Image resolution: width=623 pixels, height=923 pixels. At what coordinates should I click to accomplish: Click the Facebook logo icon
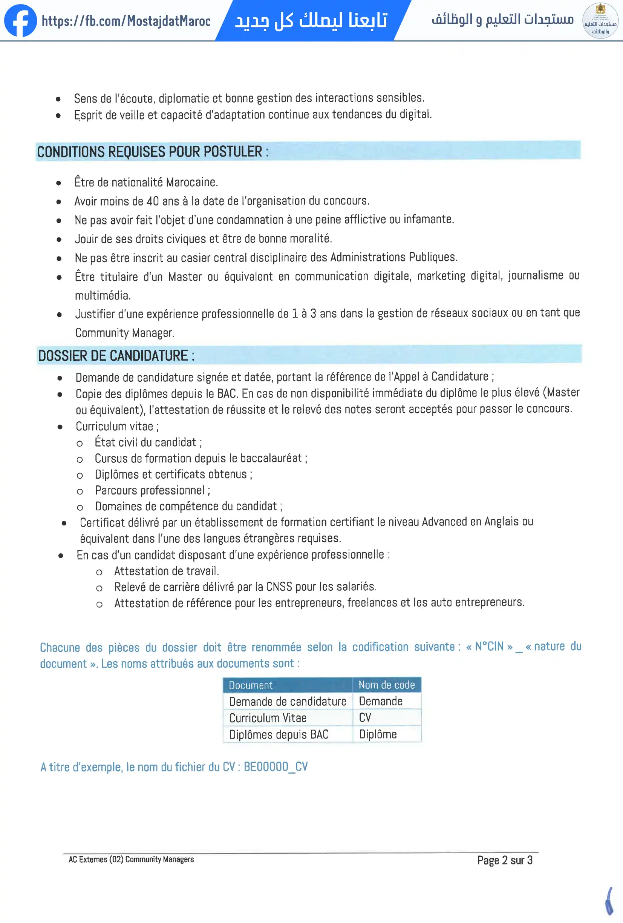point(20,20)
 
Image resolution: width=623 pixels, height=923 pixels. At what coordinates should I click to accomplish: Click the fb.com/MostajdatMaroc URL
point(126,21)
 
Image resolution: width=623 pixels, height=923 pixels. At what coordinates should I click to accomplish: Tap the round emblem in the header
point(600,20)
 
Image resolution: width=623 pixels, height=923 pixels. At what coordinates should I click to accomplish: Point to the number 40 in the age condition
point(153,201)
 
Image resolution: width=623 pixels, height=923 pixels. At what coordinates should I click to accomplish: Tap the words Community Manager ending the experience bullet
point(124,333)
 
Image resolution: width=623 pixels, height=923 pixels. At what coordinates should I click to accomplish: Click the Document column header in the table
point(251,685)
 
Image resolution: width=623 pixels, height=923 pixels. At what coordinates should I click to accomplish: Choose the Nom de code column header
point(386,685)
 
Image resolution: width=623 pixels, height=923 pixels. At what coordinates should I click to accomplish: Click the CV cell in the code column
point(365,718)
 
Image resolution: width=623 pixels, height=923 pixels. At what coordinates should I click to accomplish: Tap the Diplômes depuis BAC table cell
point(279,735)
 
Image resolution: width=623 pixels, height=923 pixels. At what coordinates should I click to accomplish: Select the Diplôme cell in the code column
point(378,734)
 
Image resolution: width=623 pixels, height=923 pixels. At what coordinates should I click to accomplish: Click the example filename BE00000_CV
point(276,767)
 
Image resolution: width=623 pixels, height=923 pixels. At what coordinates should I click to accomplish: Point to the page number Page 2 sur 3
point(505,860)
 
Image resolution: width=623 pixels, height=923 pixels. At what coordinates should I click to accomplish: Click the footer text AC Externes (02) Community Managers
point(131,860)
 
